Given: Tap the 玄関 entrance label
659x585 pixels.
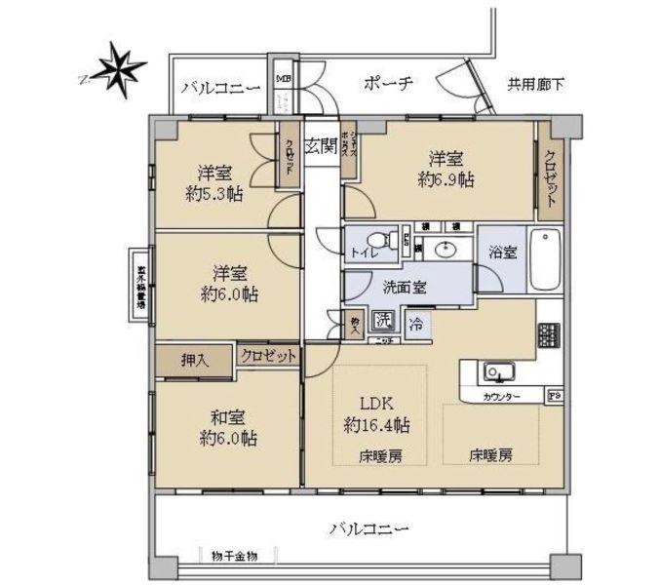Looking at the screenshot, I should tap(321, 146).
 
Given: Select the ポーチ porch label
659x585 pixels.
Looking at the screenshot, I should tap(389, 83).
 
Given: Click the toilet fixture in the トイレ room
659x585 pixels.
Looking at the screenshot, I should tap(389, 240).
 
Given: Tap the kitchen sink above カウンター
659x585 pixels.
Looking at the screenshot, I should tap(498, 371).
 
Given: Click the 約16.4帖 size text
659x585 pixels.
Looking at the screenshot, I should tap(376, 424).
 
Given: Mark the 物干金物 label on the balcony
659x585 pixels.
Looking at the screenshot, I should tap(234, 555).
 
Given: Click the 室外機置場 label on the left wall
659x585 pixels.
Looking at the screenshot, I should tap(141, 287).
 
